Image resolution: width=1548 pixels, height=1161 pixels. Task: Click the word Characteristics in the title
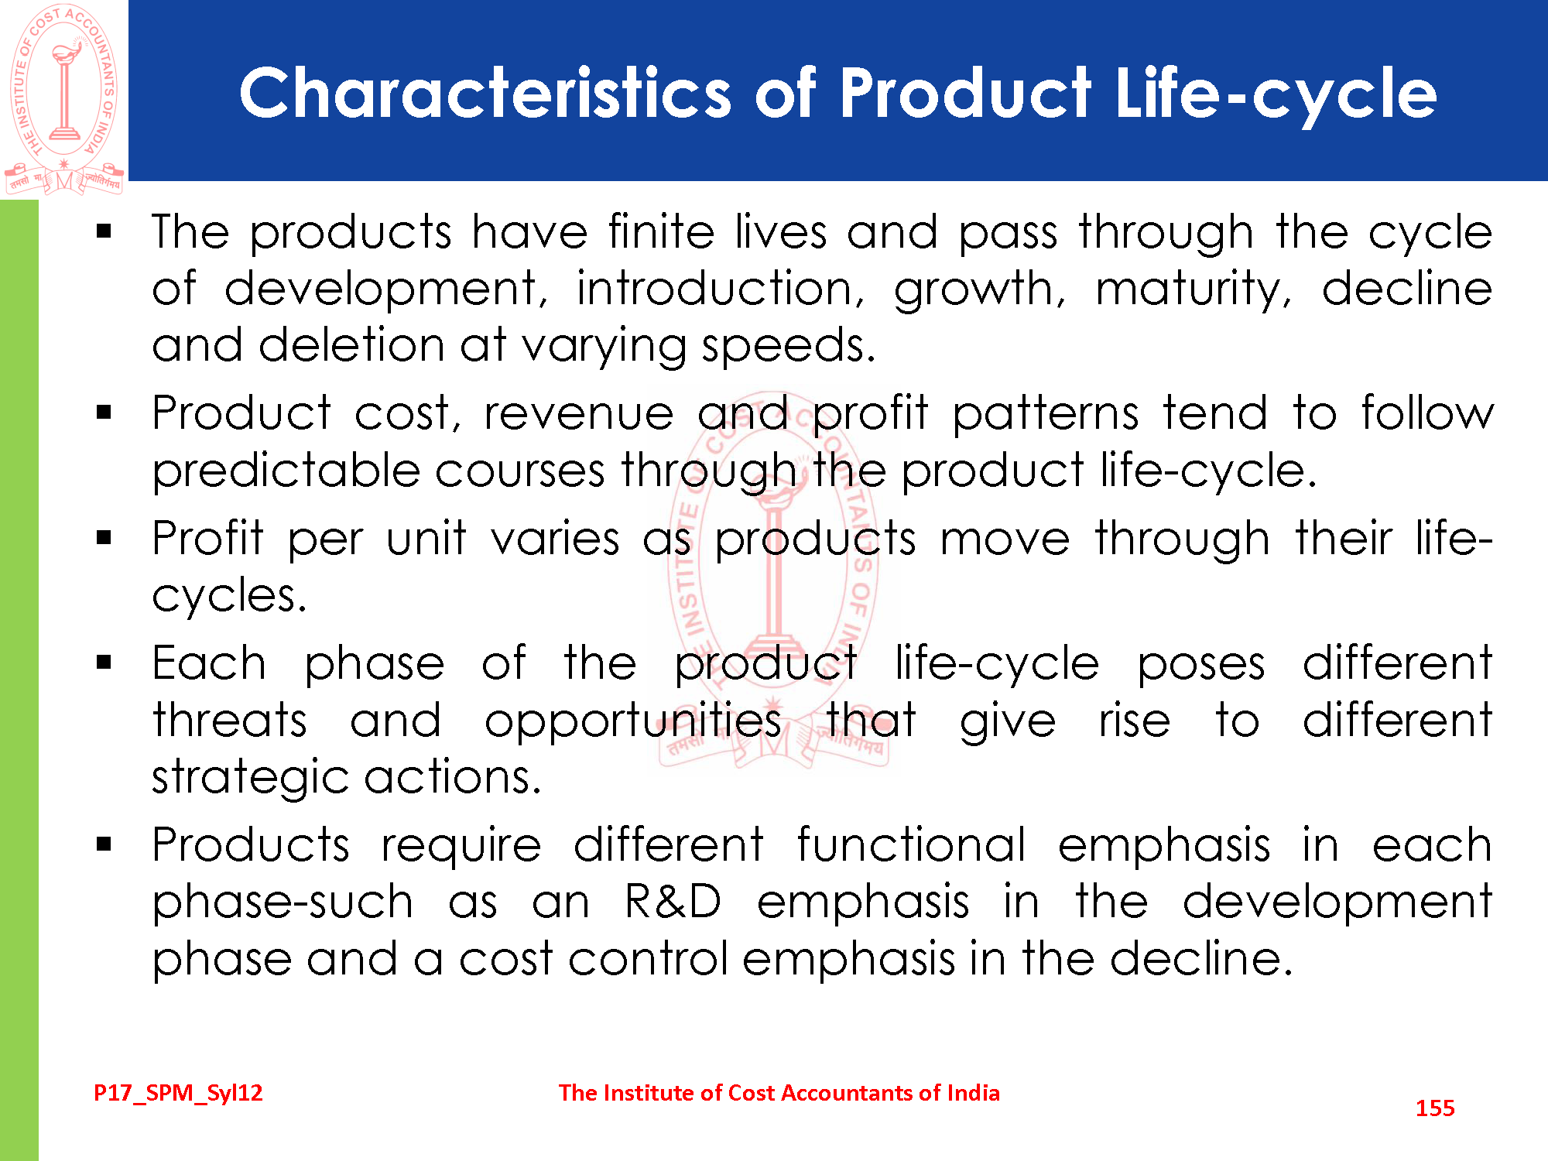click(485, 93)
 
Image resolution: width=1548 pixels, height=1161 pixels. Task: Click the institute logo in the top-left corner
click(64, 98)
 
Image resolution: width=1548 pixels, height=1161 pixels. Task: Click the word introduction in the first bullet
click(720, 289)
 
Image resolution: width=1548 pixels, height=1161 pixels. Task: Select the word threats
click(229, 721)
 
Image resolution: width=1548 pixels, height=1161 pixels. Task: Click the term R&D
click(673, 902)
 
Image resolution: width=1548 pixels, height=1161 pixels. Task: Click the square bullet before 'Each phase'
click(104, 663)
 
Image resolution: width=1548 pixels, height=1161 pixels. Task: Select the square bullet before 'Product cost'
click(104, 413)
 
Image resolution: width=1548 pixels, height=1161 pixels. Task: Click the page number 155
click(1435, 1108)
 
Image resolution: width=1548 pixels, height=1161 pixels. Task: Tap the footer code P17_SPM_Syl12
click(178, 1093)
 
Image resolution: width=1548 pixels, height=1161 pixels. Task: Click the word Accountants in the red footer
click(847, 1093)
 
